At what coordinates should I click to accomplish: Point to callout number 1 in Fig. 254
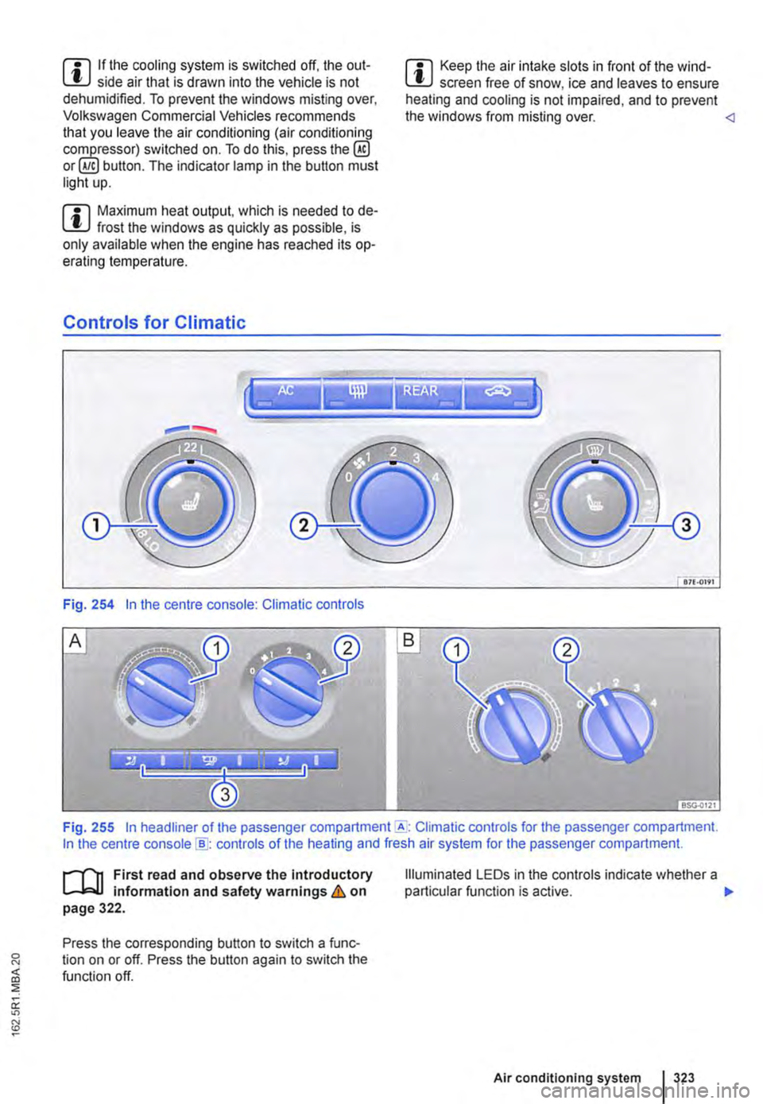coord(101,525)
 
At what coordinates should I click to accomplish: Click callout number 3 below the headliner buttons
coord(226,793)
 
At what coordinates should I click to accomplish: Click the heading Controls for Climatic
coord(154,323)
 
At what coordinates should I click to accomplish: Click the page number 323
coord(684,1078)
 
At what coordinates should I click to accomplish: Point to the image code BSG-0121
coord(699,803)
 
